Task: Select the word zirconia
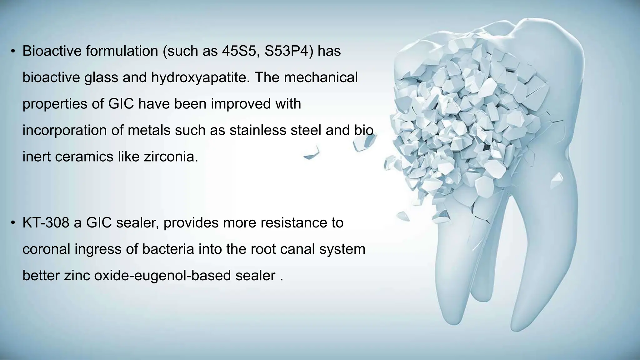point(171,157)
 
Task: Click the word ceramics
point(84,157)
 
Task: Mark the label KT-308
point(46,223)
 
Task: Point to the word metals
point(149,130)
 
